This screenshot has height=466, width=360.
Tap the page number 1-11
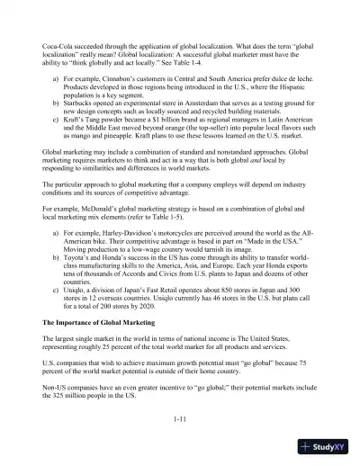180,418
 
